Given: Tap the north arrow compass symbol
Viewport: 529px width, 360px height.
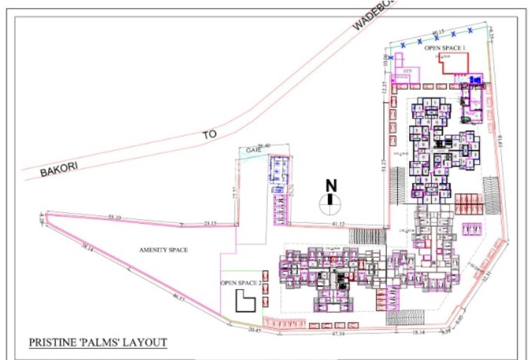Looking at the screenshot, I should tap(330, 203).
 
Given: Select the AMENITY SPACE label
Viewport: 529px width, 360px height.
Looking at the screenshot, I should tap(163, 250).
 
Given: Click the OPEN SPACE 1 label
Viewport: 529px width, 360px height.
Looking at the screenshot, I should tap(446, 47).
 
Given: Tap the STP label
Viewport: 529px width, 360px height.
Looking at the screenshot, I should tap(406, 71).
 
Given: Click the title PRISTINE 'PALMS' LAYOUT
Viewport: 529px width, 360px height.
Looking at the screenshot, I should tap(97, 342).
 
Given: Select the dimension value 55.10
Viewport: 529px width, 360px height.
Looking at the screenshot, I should tap(115, 218).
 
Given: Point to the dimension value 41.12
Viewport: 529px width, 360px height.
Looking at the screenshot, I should tap(338, 224).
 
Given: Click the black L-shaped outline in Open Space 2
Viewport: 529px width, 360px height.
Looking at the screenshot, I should tap(244, 302).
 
